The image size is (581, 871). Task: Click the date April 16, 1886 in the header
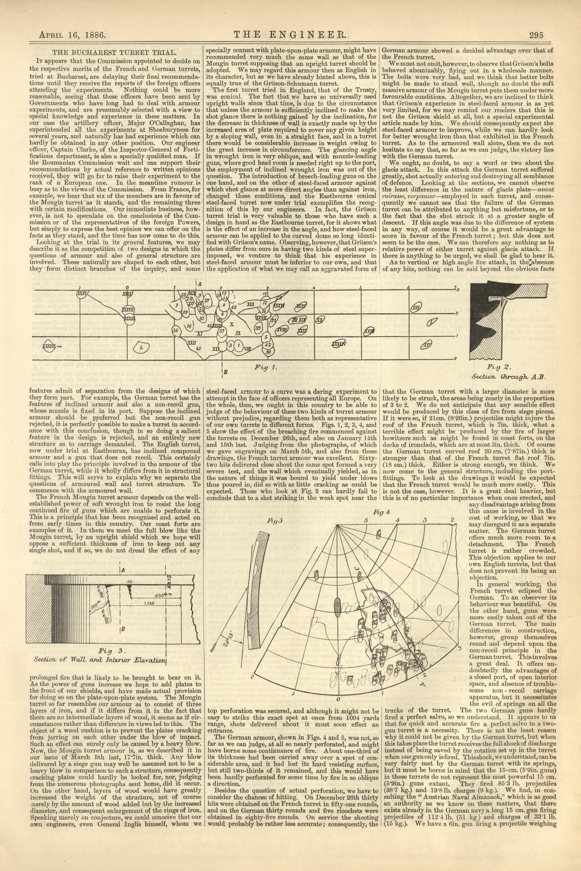pos(73,36)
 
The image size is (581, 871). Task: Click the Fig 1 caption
pos(265,368)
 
